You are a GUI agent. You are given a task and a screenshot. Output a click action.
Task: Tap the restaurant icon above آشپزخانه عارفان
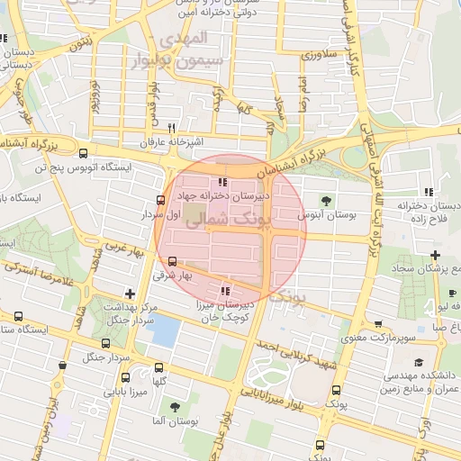[171, 128]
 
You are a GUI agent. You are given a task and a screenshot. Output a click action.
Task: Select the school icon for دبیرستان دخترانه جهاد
[222, 182]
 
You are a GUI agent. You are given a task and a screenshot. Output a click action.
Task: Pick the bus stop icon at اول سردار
[160, 200]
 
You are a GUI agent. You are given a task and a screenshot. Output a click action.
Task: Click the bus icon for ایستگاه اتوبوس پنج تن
[84, 153]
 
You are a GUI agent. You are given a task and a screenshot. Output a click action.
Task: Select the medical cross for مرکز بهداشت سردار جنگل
[131, 293]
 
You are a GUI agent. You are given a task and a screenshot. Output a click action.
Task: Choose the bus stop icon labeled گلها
[158, 367]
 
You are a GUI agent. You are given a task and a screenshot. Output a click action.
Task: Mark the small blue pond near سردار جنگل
[164, 332]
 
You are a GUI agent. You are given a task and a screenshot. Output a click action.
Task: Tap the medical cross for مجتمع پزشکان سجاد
[436, 256]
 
